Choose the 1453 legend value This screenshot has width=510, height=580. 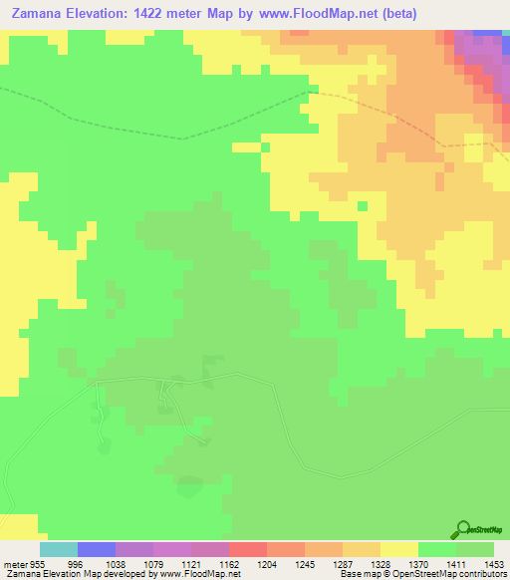coord(493,563)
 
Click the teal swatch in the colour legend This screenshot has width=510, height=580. coord(59,549)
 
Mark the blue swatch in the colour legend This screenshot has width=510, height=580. coord(97,549)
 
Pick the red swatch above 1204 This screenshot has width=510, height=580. coord(248,549)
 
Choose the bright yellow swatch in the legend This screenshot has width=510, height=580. coord(399,549)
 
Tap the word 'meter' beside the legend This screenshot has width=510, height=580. coord(16,563)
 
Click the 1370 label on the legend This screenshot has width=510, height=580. coord(398,563)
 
